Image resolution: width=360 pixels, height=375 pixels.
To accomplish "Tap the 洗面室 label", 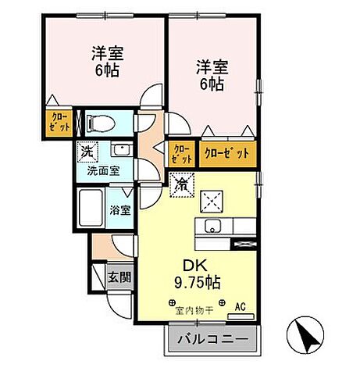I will pos(102,170).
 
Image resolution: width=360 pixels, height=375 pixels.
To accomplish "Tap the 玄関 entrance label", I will pos(120,276).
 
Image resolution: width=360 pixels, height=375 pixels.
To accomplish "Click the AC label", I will pos(241,306).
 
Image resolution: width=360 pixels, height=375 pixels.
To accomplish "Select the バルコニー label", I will pos(212,341).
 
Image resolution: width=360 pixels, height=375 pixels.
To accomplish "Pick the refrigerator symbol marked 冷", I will pos(180,184).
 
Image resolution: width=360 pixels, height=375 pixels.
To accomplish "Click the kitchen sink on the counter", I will pos(211,227).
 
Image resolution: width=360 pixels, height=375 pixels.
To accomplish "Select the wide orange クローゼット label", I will pos(227,153).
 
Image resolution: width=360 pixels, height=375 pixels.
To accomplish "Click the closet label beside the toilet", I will pos(60,123).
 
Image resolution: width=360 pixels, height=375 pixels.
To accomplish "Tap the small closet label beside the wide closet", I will pos(180,153).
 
